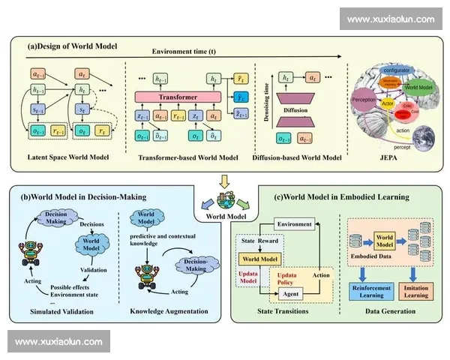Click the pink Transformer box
[178, 97]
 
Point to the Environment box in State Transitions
[293, 223]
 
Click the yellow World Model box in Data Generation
[384, 242]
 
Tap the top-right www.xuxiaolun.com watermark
[391, 19]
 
